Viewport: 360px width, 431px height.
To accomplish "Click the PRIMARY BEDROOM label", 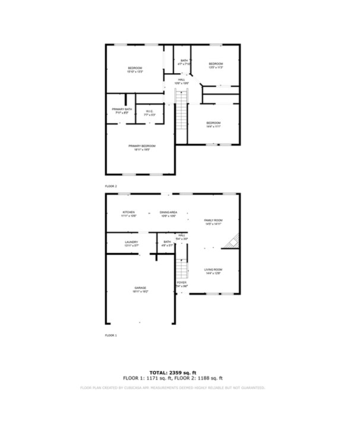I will [x=141, y=146].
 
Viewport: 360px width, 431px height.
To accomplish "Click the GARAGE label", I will [x=140, y=288].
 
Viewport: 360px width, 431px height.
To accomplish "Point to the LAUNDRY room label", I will [x=131, y=242].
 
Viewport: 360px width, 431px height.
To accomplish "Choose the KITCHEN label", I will [x=129, y=213].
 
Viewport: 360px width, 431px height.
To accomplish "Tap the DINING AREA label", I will [x=169, y=213].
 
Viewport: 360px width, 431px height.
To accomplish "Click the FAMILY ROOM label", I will [x=213, y=220].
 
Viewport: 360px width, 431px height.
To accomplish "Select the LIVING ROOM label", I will [x=213, y=270].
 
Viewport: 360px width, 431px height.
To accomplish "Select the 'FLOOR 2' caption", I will [x=111, y=186].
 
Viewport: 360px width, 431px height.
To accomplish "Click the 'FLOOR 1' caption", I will [x=111, y=335].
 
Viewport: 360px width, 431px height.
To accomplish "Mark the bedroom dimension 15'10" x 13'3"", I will [x=135, y=72].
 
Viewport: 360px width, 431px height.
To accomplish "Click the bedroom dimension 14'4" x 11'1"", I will [x=213, y=126].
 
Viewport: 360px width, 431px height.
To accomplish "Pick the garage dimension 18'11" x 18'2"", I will [x=140, y=291].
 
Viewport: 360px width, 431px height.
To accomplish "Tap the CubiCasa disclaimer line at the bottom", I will [x=172, y=387].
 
